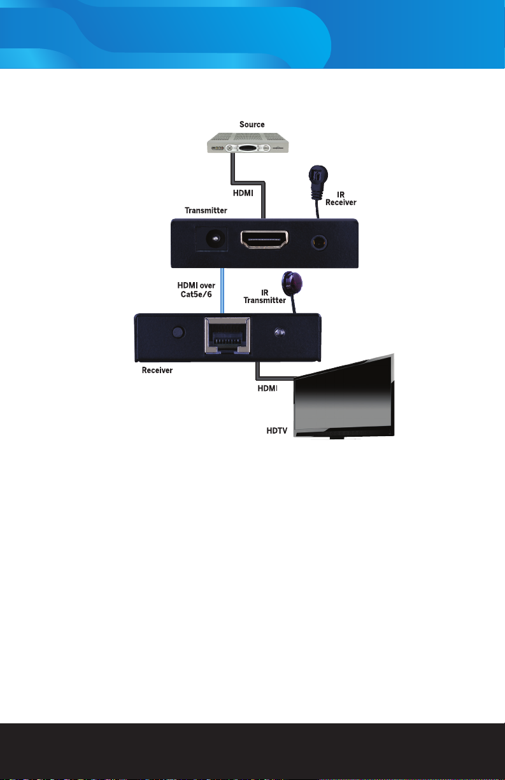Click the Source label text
(x=252, y=124)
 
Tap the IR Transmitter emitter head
(x=292, y=282)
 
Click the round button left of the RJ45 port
(x=178, y=332)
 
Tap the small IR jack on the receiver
(x=278, y=332)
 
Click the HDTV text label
(x=278, y=431)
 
